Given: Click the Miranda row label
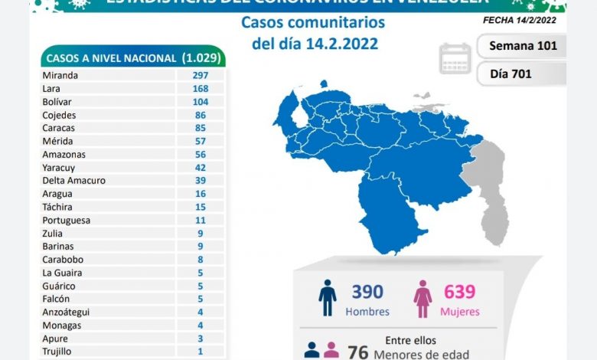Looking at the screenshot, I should click(x=62, y=75).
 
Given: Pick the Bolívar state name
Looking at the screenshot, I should click(x=60, y=101).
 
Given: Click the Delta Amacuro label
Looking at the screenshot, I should click(x=74, y=180).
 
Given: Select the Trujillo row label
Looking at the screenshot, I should click(x=60, y=352).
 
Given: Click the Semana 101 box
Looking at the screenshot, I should click(x=522, y=45).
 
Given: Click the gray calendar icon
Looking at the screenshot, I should click(x=455, y=58).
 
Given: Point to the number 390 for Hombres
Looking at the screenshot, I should click(x=367, y=292).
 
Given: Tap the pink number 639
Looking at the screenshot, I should click(x=459, y=292).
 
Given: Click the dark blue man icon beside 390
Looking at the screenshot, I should click(x=328, y=298).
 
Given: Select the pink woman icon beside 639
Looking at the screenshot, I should click(x=422, y=298).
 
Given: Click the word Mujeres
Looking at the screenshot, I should click(x=460, y=312).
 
